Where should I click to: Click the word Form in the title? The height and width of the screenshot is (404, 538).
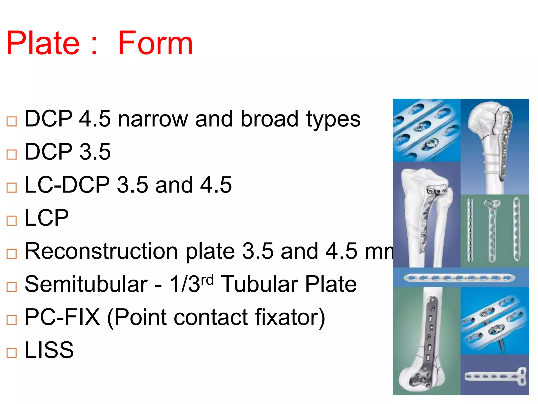[155, 43]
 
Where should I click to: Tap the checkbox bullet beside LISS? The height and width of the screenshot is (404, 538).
[12, 353]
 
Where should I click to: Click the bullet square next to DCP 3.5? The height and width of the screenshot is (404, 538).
[12, 154]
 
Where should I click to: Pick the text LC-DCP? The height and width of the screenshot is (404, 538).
[67, 185]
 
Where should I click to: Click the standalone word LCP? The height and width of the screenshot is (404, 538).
[46, 218]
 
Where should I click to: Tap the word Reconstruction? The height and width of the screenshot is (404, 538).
[101, 251]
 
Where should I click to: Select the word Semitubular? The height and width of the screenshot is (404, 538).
[86, 284]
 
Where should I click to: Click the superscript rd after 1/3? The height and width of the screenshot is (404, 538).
[207, 280]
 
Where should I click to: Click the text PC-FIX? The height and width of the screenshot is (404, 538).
[62, 317]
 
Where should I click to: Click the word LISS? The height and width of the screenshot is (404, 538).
[49, 350]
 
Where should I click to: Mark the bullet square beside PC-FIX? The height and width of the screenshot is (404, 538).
[12, 320]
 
